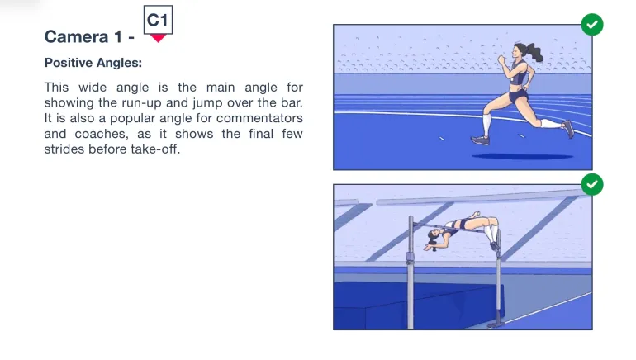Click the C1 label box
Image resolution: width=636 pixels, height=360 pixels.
click(158, 20)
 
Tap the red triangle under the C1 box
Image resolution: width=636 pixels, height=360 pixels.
click(158, 38)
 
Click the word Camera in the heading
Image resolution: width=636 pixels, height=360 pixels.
click(76, 36)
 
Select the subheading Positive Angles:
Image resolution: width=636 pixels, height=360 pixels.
click(93, 63)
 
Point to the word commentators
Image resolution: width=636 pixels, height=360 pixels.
click(259, 118)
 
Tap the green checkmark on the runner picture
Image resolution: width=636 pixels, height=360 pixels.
click(592, 25)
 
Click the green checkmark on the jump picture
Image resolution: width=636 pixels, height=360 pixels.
click(592, 184)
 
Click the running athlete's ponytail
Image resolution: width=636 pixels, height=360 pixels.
click(534, 52)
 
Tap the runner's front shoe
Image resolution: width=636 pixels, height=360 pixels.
click(480, 140)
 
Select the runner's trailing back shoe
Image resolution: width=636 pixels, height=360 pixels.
click(568, 129)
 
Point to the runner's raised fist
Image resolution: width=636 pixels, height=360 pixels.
click(501, 59)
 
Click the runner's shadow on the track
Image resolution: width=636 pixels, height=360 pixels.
click(522, 156)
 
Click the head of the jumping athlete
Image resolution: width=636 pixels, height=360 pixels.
click(434, 237)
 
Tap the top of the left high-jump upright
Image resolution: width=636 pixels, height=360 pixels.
click(411, 219)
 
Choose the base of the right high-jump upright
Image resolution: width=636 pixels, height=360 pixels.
click(496, 323)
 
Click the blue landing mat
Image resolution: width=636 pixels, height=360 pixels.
click(418, 304)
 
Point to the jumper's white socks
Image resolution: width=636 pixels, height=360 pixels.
click(491, 234)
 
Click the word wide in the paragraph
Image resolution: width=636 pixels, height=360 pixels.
click(92, 88)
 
